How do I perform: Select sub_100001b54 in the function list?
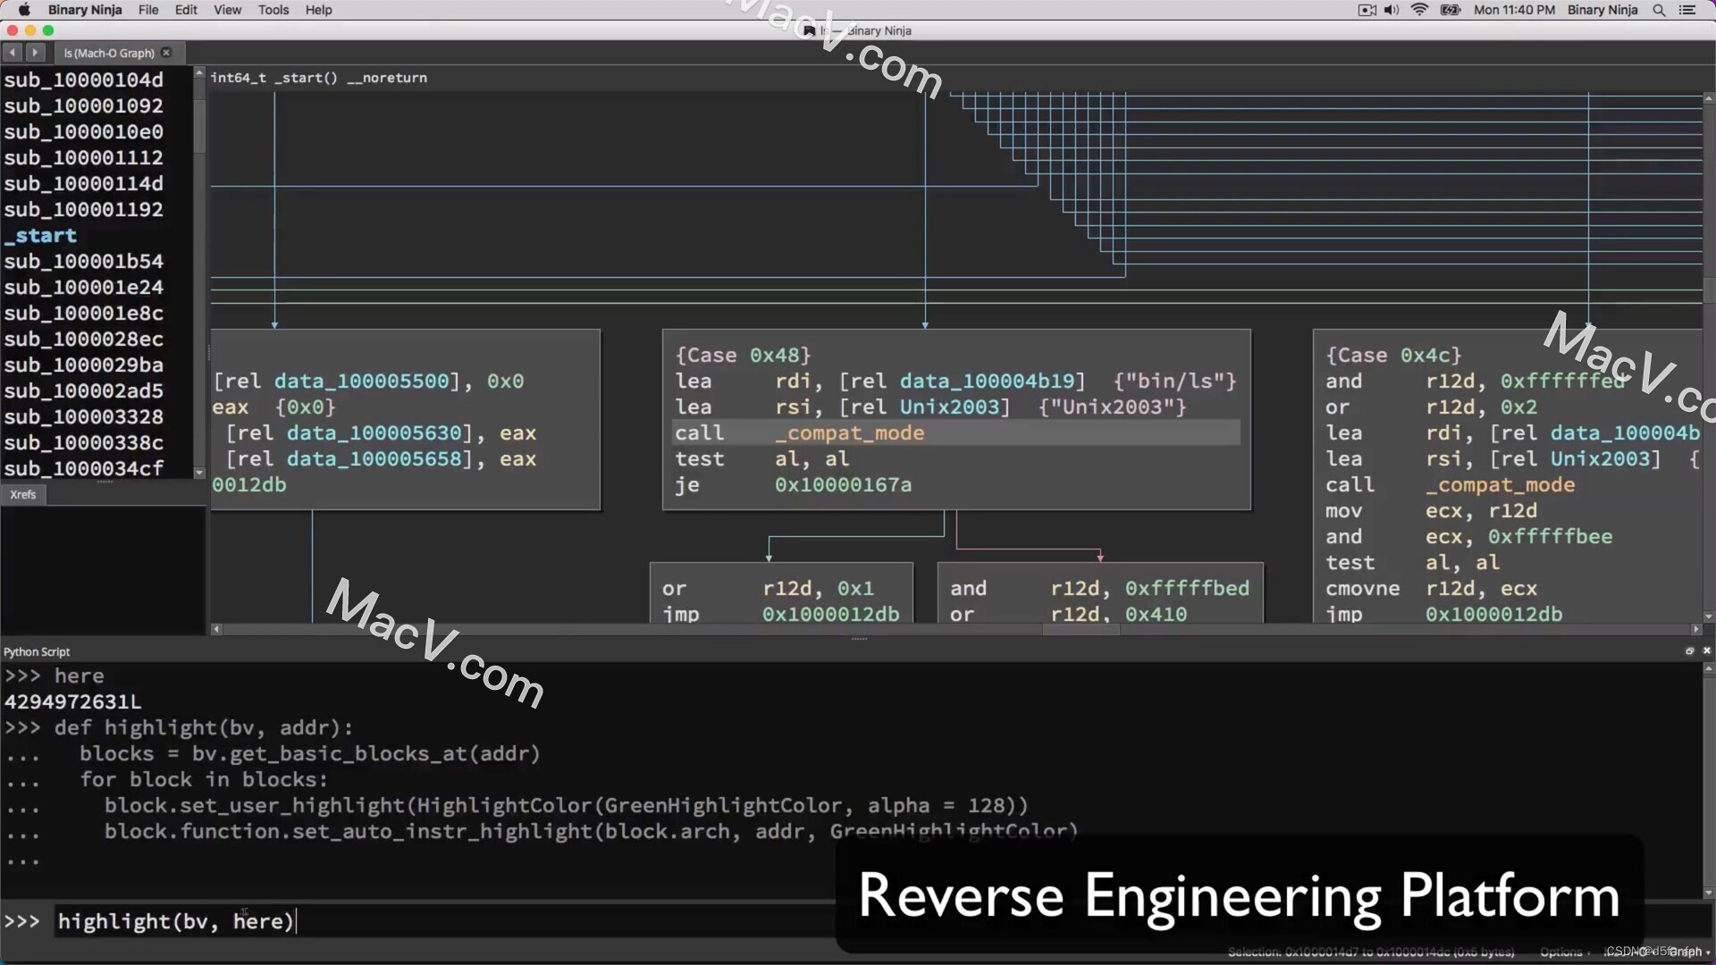pos(83,262)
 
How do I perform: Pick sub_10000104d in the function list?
pos(83,80)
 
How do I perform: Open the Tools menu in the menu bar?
pos(273,10)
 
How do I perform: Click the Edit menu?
pos(186,10)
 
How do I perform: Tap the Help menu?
pos(318,10)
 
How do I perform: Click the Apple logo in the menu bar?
pos(24,10)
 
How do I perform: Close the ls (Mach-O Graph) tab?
pos(166,53)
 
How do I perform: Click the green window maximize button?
pos(48,30)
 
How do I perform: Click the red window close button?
pos(13,30)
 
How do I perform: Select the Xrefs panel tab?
pos(23,495)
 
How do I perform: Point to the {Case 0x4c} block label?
pos(1392,356)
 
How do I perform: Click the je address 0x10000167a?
pos(843,485)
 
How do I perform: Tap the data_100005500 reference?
pos(361,382)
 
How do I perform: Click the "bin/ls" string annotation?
pos(1174,382)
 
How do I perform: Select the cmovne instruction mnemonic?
pos(1362,589)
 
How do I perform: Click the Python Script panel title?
pos(37,652)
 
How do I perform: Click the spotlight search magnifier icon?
pos(1659,10)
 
